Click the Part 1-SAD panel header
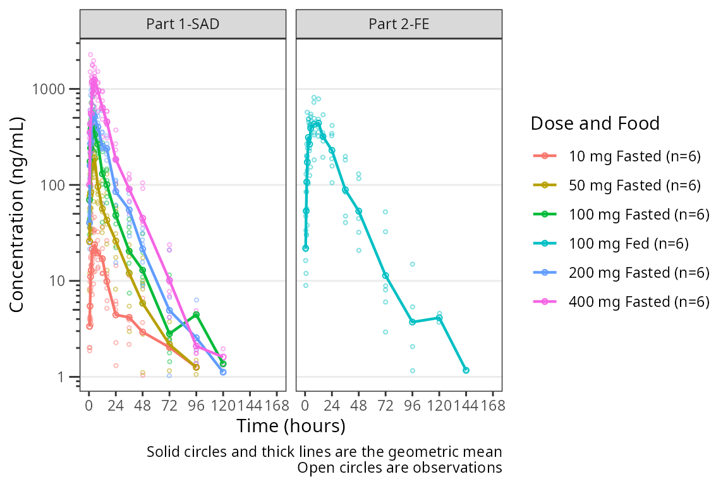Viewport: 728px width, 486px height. pyautogui.click(x=183, y=25)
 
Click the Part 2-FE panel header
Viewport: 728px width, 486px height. pyautogui.click(x=399, y=25)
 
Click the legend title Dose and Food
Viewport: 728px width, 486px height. pyautogui.click(x=595, y=123)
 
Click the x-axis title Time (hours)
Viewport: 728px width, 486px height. pyautogui.click(x=291, y=427)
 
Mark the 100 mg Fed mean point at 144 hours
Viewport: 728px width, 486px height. pyautogui.click(x=466, y=370)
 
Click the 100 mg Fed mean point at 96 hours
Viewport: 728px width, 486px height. pyautogui.click(x=412, y=322)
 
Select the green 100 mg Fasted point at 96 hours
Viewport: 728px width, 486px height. pyautogui.click(x=197, y=315)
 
